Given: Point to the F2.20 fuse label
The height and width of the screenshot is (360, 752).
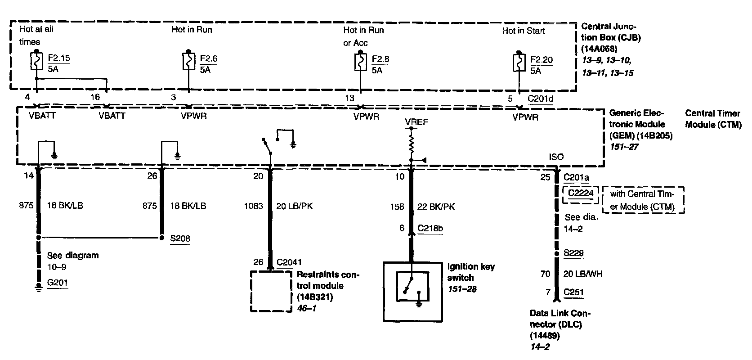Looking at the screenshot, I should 542,60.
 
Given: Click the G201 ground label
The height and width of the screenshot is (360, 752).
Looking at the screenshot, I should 58,283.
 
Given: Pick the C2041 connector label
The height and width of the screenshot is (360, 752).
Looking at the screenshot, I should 289,262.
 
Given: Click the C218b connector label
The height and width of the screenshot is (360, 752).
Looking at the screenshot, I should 430,228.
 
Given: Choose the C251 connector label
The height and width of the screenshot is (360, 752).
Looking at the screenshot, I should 574,292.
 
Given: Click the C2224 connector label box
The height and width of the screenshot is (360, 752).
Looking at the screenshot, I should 581,193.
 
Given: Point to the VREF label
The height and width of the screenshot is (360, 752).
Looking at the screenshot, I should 416,121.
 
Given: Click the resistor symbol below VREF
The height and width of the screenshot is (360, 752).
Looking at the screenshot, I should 411,144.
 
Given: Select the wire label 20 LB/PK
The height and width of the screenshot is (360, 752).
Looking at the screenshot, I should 295,206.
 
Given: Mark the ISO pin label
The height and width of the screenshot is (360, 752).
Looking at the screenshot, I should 556,157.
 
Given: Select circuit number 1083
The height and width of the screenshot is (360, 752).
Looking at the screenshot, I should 253,206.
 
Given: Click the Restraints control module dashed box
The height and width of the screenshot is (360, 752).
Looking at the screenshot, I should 271,290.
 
